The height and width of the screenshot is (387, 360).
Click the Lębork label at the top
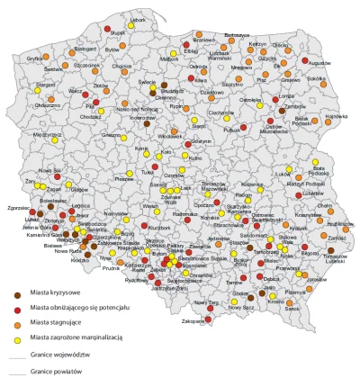(x=137, y=19)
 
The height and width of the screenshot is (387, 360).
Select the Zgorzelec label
(x=16, y=207)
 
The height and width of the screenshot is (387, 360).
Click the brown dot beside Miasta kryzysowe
(x=18, y=292)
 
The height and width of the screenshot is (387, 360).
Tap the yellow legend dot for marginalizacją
(x=18, y=336)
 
